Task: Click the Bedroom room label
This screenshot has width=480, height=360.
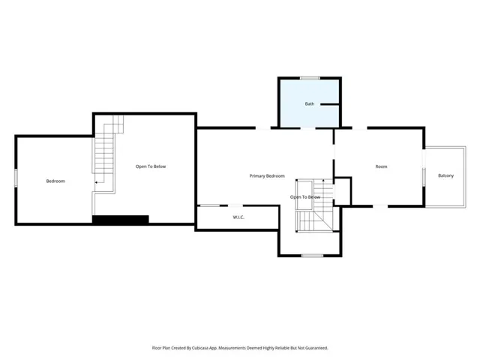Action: click(55, 181)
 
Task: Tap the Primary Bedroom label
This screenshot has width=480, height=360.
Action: click(267, 176)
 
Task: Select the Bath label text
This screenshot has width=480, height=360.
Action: click(310, 103)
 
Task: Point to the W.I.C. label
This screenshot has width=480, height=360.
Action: click(238, 217)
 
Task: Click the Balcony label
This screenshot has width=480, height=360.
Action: click(445, 175)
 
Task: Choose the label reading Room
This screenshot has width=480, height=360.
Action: click(381, 166)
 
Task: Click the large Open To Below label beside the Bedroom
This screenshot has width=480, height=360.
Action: click(151, 166)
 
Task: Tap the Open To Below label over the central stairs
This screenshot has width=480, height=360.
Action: click(305, 197)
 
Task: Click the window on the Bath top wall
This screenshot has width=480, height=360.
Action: click(310, 78)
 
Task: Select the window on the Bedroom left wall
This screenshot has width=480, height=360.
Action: click(16, 178)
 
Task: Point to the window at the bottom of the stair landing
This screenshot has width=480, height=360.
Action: click(312, 256)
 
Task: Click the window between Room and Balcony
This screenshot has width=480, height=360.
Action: click(424, 177)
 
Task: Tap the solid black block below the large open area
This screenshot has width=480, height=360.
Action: click(121, 220)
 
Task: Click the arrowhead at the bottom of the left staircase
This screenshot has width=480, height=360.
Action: click(96, 182)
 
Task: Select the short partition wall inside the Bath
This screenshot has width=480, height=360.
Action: click(330, 104)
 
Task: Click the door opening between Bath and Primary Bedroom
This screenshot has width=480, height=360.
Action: click(307, 128)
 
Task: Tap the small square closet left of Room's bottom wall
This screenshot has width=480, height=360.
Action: click(343, 191)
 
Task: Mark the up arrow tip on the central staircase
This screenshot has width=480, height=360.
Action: click(323, 181)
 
